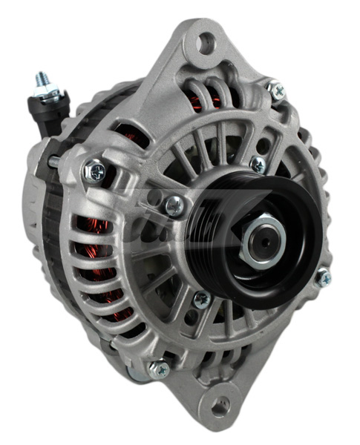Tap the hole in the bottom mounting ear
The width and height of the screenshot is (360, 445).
pyautogui.click(x=220, y=406)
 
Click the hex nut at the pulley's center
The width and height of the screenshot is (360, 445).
pyautogui.click(x=266, y=238)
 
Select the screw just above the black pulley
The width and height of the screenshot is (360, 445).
pyautogui.click(x=258, y=164)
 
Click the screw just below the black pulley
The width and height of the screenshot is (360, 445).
pyautogui.click(x=201, y=299)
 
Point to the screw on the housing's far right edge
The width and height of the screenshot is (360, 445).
pyautogui.click(x=324, y=278)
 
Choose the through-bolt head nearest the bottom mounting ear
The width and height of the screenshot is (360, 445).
pyautogui.click(x=158, y=369)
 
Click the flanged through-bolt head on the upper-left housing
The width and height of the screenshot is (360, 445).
pyautogui.click(x=94, y=171)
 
